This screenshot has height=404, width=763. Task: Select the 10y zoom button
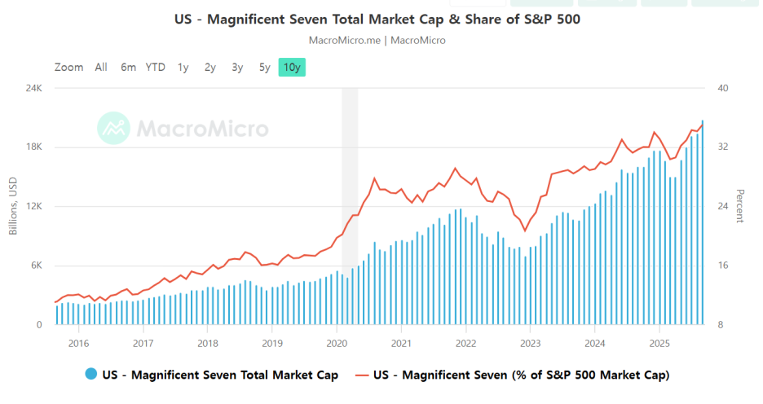292,68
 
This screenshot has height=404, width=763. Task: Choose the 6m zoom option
128,68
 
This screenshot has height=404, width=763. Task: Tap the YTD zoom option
155,68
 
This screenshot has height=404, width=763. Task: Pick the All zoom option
100,68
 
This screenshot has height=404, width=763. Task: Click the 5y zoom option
264,68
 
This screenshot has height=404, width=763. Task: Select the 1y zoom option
183,68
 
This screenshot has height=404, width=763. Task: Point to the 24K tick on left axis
33,88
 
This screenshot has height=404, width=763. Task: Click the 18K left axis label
33,147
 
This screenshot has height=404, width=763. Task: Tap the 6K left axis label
35,266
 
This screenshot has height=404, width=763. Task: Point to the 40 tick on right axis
722,88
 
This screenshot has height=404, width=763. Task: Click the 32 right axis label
722,147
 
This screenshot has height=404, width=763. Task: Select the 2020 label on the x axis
337,343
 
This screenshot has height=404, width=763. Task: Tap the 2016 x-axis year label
78,343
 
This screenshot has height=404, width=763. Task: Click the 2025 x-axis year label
660,343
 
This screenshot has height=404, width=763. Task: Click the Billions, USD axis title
13,206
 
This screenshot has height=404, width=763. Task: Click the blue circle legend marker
90,375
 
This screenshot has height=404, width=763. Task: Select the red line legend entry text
521,375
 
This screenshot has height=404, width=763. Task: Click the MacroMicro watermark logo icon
113,128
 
